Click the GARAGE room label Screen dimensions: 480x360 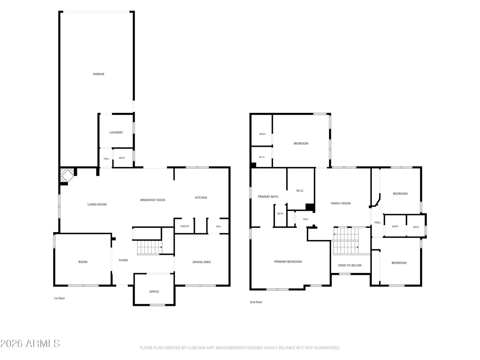(98, 74)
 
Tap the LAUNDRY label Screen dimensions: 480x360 (116, 132)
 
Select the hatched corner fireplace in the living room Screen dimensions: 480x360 (67, 175)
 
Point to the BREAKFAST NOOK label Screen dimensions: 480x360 (153, 200)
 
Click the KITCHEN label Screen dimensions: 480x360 (201, 197)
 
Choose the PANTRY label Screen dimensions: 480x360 (185, 226)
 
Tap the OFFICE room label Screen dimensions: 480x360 (154, 291)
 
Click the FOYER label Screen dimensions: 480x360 (123, 260)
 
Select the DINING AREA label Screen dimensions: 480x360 (201, 262)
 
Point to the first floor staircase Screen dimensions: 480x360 (150, 247)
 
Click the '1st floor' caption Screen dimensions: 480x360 (59, 298)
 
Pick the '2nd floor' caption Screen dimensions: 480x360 (256, 302)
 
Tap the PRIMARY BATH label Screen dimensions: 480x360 (268, 196)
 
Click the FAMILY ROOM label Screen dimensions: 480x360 (340, 203)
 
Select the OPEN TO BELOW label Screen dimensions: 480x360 (350, 265)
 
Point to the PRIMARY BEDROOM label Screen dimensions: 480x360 (288, 261)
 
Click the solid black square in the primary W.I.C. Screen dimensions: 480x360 (310, 207)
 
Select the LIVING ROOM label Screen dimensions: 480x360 (97, 204)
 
